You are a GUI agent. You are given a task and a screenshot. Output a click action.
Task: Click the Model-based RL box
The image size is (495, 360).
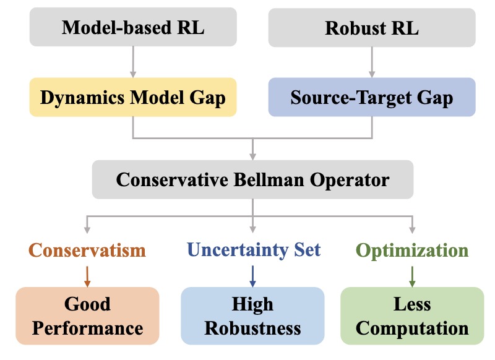[x=133, y=27]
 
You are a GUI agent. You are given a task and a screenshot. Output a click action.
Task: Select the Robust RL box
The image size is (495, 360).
[x=371, y=27]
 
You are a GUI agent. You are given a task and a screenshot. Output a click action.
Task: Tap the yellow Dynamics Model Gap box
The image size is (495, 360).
[x=133, y=97]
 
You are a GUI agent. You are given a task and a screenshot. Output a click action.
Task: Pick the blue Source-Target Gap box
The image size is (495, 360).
[x=371, y=97]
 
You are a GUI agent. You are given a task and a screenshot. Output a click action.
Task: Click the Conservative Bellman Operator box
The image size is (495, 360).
[x=252, y=180]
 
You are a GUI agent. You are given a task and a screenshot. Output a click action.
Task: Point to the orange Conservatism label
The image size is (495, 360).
[x=87, y=250]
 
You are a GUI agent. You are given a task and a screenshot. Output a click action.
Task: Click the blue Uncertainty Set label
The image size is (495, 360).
[x=254, y=250]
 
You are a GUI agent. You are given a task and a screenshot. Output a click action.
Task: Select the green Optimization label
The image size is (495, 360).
[x=412, y=250]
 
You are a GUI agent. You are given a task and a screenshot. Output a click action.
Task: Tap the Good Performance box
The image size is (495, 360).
[x=87, y=315]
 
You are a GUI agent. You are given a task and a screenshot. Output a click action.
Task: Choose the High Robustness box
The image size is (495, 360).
[x=252, y=315]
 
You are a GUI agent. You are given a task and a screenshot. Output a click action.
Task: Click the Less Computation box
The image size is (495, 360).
[x=412, y=315]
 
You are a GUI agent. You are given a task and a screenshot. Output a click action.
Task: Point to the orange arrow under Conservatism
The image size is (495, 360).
[x=87, y=274]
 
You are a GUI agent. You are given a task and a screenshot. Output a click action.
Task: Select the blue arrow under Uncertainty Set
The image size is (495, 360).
[x=252, y=274]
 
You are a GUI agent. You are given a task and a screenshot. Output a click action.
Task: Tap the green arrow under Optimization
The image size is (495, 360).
[x=412, y=274]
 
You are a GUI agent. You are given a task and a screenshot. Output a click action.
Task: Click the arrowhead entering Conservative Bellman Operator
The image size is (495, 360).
[x=252, y=155]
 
